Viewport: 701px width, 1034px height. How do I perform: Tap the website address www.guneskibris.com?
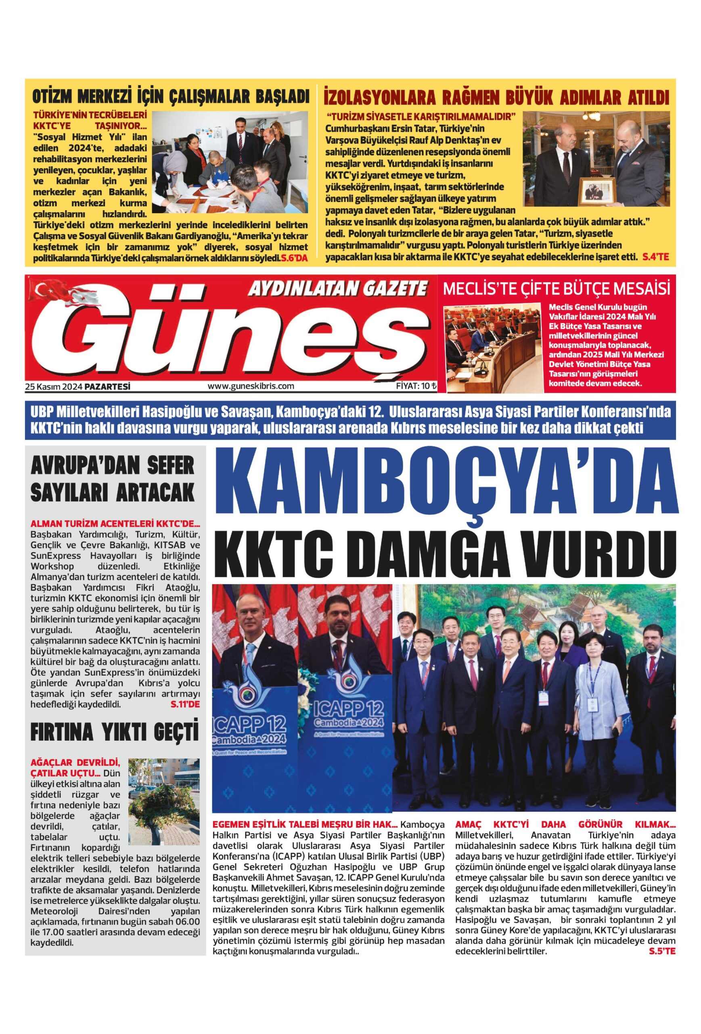[x=251, y=386]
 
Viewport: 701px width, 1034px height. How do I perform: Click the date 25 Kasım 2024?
[x=54, y=387]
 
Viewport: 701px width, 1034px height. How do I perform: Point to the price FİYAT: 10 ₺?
[x=416, y=386]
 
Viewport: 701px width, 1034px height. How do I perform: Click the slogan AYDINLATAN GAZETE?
[x=337, y=289]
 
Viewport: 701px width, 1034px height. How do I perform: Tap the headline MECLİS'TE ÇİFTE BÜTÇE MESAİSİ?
[x=556, y=289]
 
